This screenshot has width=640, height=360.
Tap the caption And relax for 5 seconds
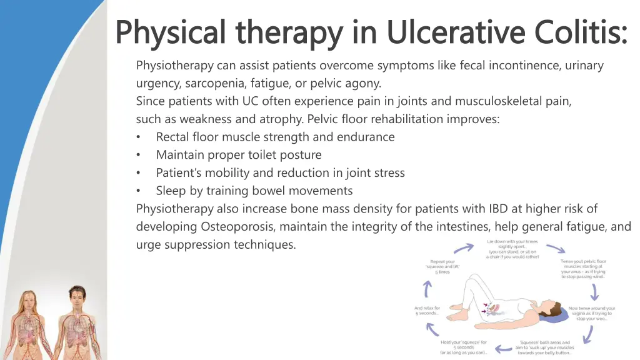427,310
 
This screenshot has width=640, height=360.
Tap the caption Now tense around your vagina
591,313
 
